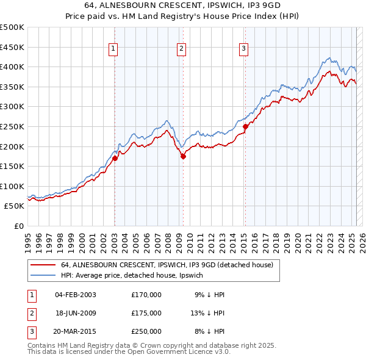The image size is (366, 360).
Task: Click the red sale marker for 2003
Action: (x=115, y=158)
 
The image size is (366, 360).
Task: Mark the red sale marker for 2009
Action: (x=183, y=156)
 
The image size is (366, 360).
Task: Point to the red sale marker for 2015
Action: (x=245, y=126)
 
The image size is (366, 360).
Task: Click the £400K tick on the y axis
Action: (x=12, y=67)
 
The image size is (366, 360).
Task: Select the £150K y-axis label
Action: (x=12, y=166)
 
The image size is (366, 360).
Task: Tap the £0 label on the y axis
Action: (x=18, y=226)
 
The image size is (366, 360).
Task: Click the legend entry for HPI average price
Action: (x=136, y=276)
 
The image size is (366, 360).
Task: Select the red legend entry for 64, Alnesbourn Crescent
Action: (x=170, y=265)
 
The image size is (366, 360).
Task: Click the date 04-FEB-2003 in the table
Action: (x=76, y=295)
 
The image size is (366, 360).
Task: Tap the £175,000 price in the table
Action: (x=146, y=313)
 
